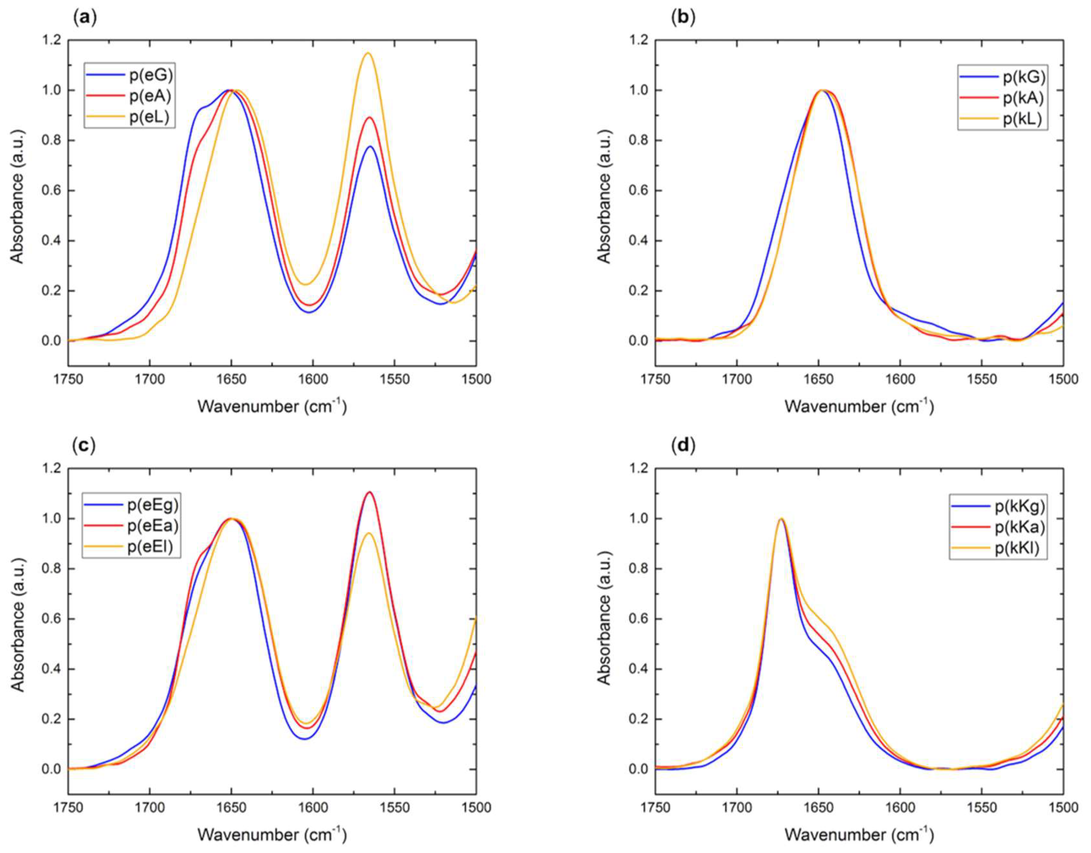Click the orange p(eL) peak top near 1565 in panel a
tap(369, 53)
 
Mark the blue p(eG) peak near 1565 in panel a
tap(370, 146)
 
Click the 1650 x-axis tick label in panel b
tap(819, 379)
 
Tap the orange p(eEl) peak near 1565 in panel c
tap(369, 547)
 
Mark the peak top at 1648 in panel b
tap(822, 90)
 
